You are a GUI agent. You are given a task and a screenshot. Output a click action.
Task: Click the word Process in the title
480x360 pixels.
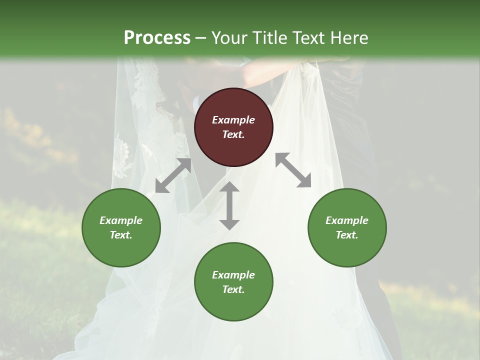click(x=157, y=37)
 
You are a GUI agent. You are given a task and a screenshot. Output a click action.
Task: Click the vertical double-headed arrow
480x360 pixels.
click(x=229, y=206)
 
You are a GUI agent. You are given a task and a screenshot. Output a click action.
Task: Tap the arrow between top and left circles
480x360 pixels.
click(x=173, y=175)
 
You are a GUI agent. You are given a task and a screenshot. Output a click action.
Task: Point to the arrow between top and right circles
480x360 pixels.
click(x=293, y=170)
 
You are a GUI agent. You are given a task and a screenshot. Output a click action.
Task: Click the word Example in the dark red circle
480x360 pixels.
click(x=233, y=120)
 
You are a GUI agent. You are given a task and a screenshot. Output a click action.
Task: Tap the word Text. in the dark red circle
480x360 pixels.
click(x=233, y=134)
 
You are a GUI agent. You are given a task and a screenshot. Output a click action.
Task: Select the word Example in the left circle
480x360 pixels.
click(x=121, y=220)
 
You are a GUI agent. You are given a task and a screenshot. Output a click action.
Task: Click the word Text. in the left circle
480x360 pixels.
click(x=121, y=235)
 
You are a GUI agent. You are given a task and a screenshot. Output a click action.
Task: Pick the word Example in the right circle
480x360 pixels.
click(x=347, y=220)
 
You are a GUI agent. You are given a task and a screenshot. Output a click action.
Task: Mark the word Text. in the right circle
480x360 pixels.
click(x=347, y=235)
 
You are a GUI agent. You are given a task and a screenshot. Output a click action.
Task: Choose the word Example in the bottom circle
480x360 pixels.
click(x=233, y=275)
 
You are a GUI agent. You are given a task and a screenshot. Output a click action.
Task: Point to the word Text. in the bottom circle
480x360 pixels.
click(x=233, y=289)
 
